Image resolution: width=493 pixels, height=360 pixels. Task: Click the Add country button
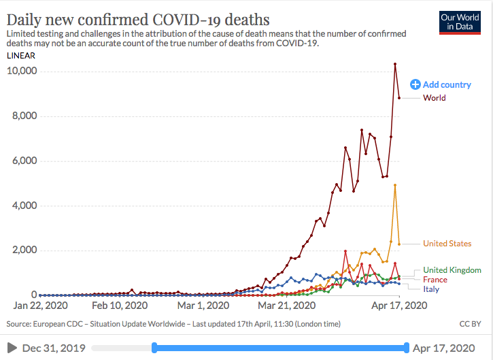coord(441,84)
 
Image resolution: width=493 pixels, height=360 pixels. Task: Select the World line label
coord(434,98)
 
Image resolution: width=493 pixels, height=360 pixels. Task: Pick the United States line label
coord(447,244)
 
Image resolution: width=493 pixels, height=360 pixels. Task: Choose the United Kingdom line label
coord(452,270)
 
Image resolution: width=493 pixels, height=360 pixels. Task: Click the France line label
coord(435,280)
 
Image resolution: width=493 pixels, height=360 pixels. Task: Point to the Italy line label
coord(431,289)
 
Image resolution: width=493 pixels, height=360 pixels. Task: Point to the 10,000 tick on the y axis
coord(23,71)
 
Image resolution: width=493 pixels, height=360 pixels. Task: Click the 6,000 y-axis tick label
coord(26,161)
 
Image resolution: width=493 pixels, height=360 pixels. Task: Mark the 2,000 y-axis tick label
coord(26,250)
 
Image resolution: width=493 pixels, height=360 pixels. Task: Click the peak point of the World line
coord(395,65)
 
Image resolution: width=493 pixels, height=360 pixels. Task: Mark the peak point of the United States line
coord(395,185)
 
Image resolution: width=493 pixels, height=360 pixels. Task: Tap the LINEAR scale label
coord(20,55)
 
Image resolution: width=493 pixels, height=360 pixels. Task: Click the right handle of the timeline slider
coord(407,348)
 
